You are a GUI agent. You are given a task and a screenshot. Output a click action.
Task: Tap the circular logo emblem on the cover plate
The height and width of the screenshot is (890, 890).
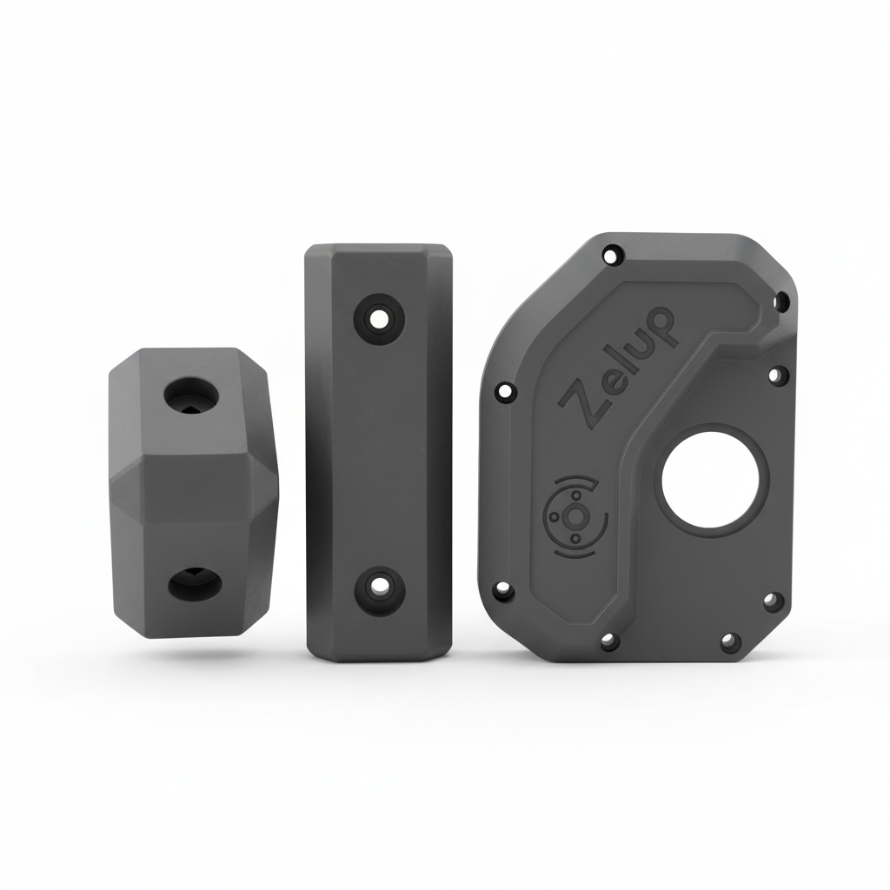tap(575, 515)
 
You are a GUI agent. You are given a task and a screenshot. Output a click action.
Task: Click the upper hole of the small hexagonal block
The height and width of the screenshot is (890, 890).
tap(191, 395)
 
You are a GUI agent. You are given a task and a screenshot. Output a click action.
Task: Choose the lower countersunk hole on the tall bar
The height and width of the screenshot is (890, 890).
tap(379, 590)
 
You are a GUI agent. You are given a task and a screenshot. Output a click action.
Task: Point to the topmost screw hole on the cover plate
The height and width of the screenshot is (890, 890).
tap(612, 256)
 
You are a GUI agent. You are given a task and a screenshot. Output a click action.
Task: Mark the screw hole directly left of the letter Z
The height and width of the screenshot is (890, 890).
tap(505, 391)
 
